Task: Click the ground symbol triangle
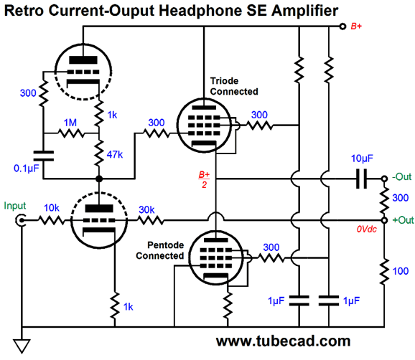[x=22, y=346]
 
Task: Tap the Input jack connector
[x=20, y=220]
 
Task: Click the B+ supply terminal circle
[x=342, y=27]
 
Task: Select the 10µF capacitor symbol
[x=362, y=179]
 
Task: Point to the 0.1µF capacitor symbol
[x=44, y=156]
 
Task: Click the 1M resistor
[x=70, y=133]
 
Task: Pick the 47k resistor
[x=99, y=153]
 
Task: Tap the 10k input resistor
[x=52, y=220]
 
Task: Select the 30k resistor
[x=150, y=220]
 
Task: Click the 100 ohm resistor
[x=384, y=272]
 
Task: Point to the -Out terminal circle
[x=384, y=179]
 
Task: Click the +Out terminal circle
[x=384, y=220]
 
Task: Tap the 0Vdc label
[x=367, y=229]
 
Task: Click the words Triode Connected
[x=234, y=86]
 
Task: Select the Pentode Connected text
[x=160, y=250]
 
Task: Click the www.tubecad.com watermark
[x=284, y=341]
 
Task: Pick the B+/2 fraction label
[x=204, y=179]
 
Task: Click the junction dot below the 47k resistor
[x=99, y=179]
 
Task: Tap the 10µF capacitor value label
[x=362, y=158]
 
